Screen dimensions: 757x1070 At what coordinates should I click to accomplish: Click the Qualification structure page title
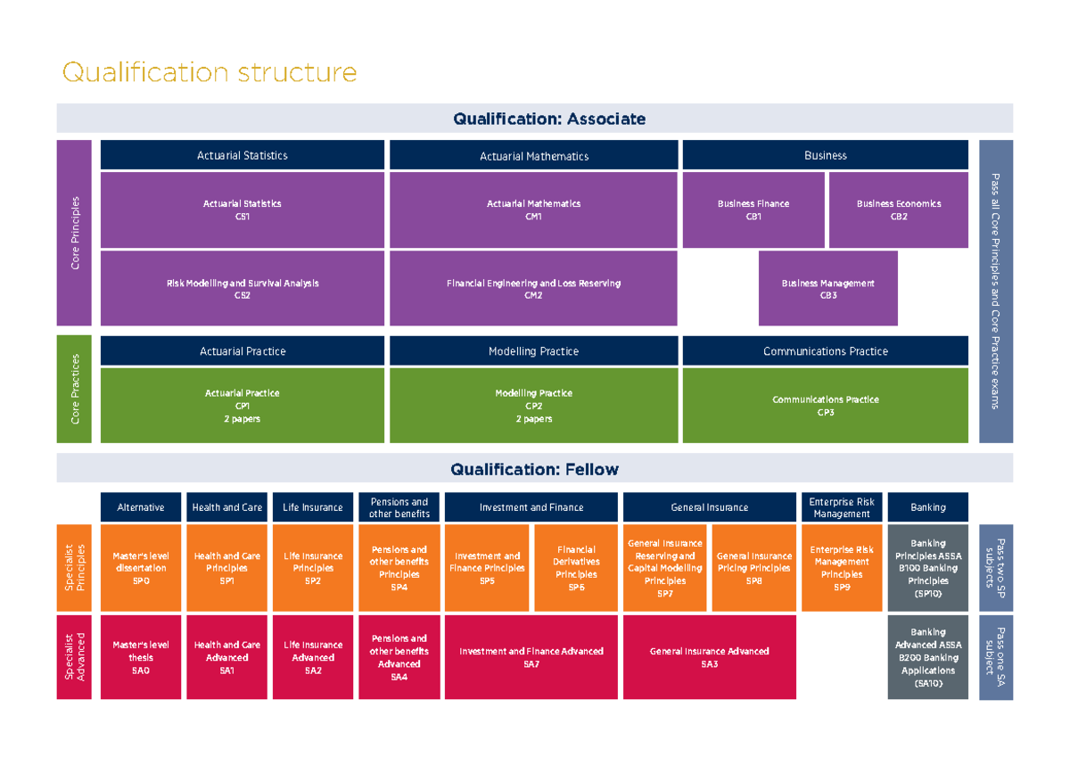[x=209, y=72]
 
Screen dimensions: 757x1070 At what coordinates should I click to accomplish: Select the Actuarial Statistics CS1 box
[x=242, y=210]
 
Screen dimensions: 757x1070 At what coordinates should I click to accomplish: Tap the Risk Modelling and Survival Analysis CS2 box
[x=242, y=288]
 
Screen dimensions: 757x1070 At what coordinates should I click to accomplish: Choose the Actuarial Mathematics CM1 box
[x=533, y=210]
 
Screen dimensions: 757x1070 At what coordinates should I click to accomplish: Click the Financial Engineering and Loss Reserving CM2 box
[x=533, y=288]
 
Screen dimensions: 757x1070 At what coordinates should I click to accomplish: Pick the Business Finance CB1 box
[x=753, y=210]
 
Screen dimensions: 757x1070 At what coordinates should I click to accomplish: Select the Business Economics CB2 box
[x=898, y=210]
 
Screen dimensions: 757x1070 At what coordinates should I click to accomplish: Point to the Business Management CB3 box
[x=827, y=288]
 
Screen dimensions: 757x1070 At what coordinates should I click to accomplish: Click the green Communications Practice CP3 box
[x=825, y=405]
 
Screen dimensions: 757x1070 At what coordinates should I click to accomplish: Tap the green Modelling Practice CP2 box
[x=533, y=405]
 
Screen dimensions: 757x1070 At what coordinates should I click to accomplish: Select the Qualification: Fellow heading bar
[x=534, y=469]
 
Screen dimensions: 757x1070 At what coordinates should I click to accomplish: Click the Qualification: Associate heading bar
[x=534, y=119]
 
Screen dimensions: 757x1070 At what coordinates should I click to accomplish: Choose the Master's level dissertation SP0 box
[x=140, y=568]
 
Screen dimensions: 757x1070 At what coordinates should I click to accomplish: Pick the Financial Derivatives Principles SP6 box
[x=575, y=568]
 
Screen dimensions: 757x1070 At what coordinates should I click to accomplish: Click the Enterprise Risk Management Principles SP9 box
[x=841, y=568]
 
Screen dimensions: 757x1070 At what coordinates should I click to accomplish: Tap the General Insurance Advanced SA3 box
[x=709, y=657]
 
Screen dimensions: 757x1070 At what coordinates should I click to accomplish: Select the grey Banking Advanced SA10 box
[x=927, y=657]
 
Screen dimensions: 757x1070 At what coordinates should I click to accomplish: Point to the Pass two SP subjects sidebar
[x=995, y=568]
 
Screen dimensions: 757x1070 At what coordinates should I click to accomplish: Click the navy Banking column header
[x=927, y=507]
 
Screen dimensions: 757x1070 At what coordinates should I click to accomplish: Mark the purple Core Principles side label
[x=74, y=233]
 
